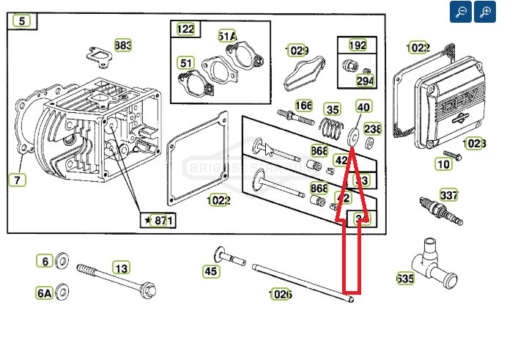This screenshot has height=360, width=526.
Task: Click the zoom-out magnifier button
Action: (x=461, y=12)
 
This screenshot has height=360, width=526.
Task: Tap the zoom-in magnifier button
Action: (x=485, y=12)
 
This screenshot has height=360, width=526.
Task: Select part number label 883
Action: (x=123, y=45)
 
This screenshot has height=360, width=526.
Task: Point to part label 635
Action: (x=404, y=279)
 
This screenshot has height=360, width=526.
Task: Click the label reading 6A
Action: (x=45, y=293)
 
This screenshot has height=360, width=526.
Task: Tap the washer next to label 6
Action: (x=62, y=262)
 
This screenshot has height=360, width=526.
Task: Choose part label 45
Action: (x=211, y=272)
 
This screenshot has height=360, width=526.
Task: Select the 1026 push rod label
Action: (x=281, y=294)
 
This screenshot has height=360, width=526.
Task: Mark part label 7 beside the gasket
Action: (x=18, y=179)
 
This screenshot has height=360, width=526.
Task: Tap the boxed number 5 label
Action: (x=23, y=21)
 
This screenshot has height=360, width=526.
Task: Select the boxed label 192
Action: (x=358, y=45)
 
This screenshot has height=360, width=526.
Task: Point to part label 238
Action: (x=372, y=129)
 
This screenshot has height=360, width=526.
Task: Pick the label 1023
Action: (x=474, y=144)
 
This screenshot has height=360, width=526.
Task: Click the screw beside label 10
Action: (x=452, y=156)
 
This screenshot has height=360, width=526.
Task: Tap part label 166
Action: (x=303, y=106)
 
